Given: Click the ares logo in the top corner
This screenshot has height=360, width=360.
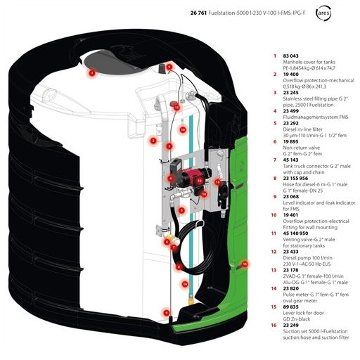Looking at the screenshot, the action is (323, 13).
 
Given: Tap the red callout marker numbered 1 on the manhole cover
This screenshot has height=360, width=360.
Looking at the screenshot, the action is (92, 73).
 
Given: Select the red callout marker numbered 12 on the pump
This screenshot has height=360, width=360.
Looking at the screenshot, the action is (200, 181).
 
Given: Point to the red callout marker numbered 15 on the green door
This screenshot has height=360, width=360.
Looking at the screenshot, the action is (245, 264).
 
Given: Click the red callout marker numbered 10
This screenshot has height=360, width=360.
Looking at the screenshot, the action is (183, 129).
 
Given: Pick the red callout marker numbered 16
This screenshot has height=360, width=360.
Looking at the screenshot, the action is (185, 284).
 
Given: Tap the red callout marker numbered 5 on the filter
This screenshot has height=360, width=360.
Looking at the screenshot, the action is (181, 210).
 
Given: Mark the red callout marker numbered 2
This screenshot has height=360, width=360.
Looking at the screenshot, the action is (153, 141).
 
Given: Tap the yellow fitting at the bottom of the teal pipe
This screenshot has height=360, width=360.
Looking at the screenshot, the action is (191, 300).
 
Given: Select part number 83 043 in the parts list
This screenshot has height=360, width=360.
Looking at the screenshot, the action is (290, 56).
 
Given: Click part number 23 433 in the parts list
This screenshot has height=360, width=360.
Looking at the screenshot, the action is (290, 252).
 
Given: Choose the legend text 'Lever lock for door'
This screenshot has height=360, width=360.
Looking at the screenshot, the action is (303, 313).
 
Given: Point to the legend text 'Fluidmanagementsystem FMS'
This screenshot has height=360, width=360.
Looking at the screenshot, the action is (316, 117).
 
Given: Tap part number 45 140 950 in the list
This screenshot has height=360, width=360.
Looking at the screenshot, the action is (295, 233).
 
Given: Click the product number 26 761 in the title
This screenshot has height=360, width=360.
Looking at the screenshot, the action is (198, 13).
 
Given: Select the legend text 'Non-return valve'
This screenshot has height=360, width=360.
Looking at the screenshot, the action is (301, 148).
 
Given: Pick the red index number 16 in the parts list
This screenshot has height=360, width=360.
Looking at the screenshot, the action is (274, 326).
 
